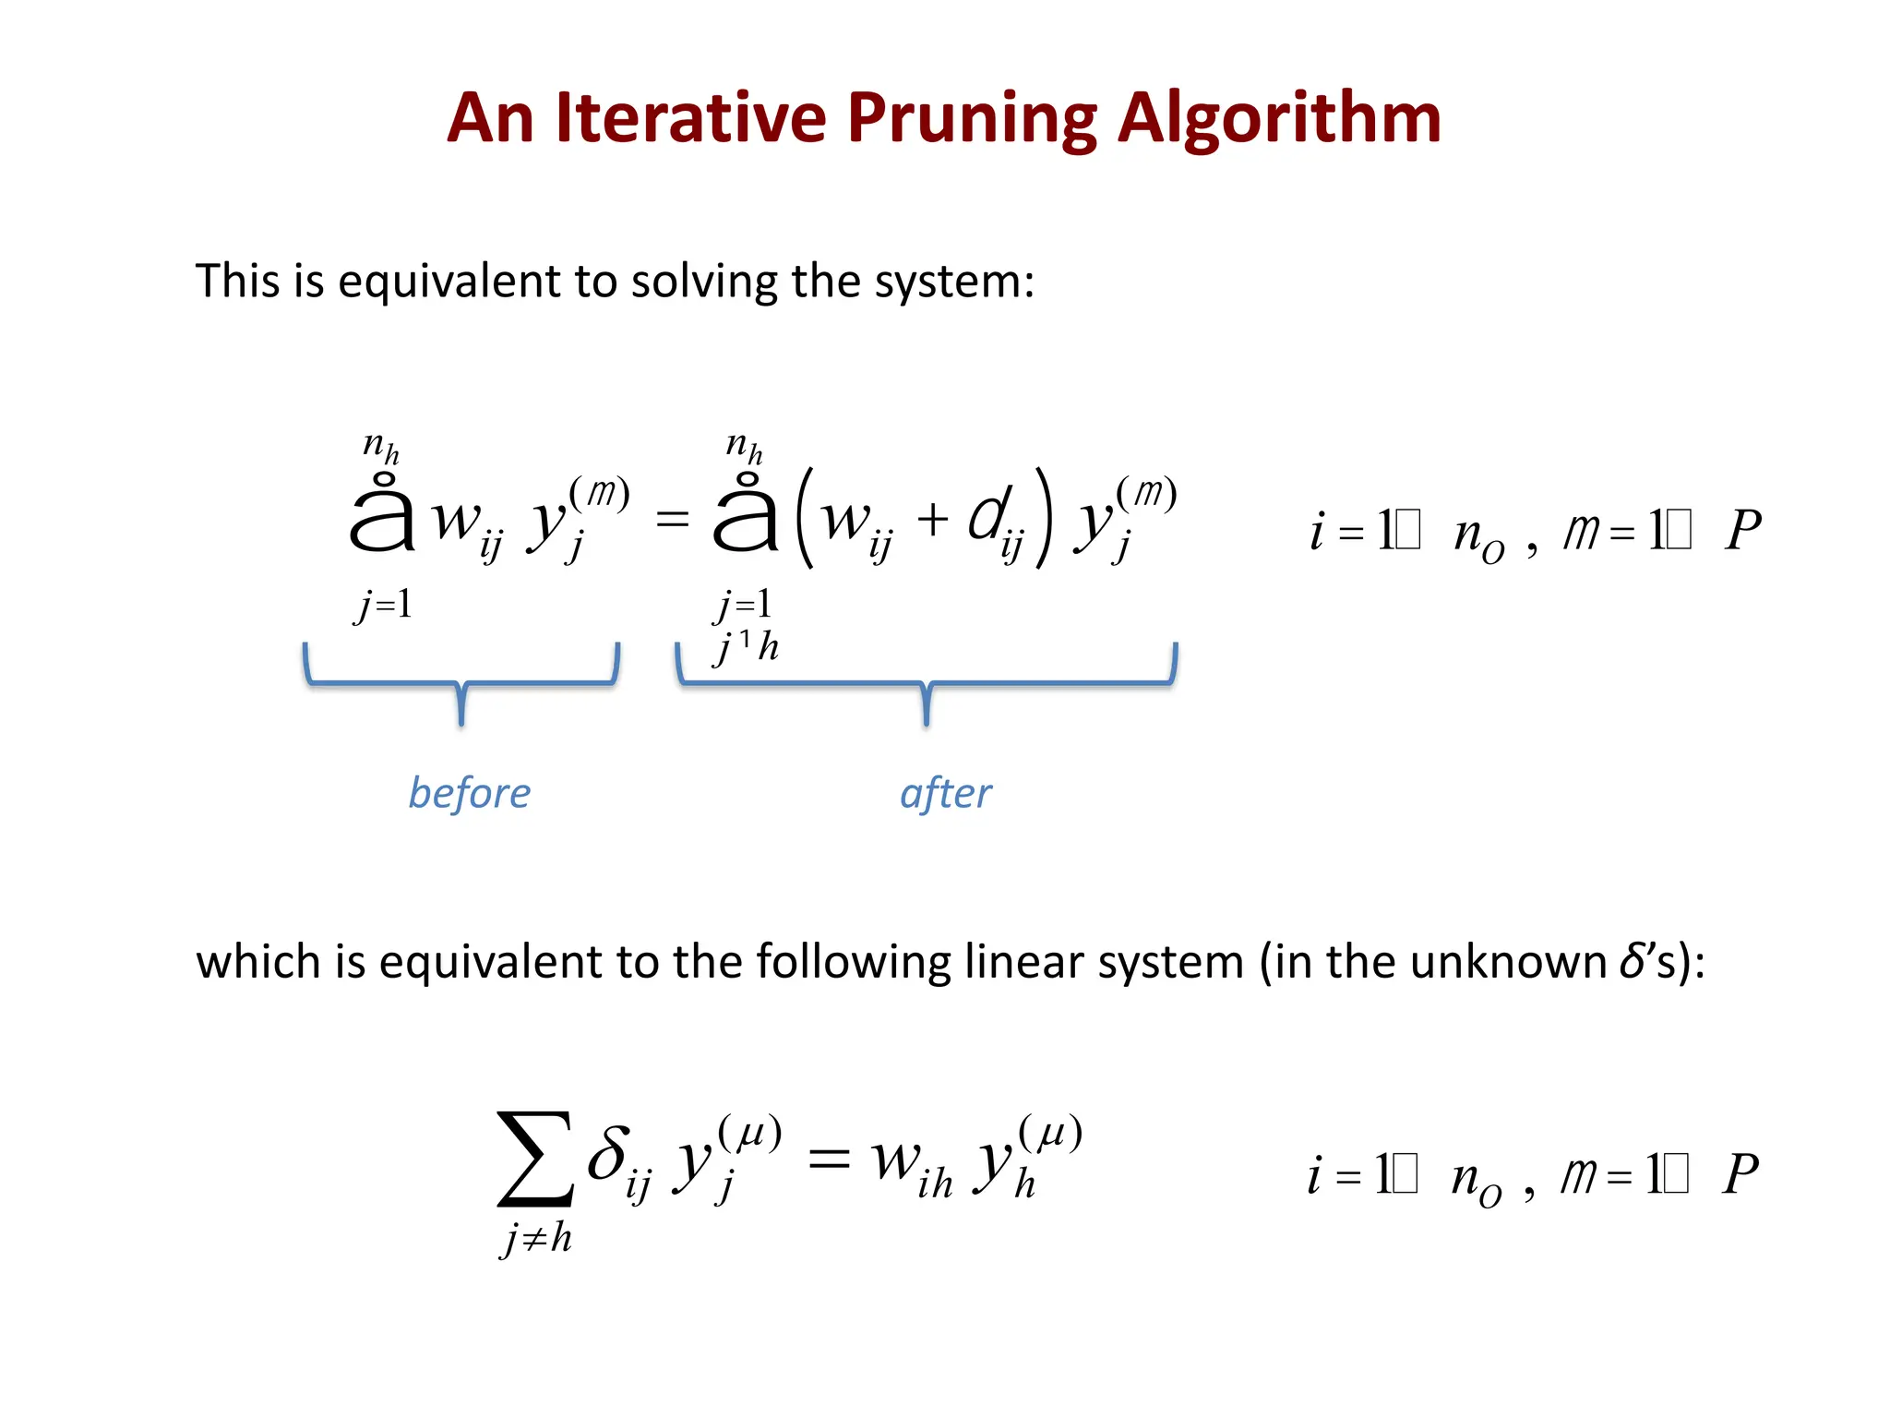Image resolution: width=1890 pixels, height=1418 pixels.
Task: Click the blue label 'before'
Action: click(x=470, y=794)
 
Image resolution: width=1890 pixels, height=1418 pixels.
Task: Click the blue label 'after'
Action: click(x=946, y=794)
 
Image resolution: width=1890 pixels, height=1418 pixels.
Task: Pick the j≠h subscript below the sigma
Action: click(x=536, y=1238)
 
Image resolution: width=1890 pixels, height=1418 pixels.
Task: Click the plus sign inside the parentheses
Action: click(x=932, y=519)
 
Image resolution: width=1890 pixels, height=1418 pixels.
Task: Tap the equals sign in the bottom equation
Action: click(x=828, y=1158)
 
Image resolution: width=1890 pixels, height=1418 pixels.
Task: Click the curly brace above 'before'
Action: click(x=461, y=684)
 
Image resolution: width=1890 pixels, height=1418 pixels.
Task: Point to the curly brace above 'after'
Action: click(x=927, y=684)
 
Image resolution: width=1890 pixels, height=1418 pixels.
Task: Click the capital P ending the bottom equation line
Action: click(x=1740, y=1174)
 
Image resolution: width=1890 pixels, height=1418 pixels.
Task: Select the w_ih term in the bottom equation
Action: click(x=912, y=1165)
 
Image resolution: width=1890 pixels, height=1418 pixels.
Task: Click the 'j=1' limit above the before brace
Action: click(x=383, y=605)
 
